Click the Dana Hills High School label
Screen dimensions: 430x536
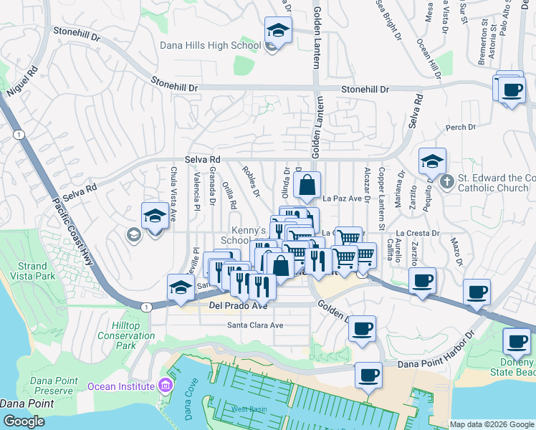tap(210, 46)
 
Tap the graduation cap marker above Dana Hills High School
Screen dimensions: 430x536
tap(277, 31)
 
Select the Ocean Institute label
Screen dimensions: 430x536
tap(121, 386)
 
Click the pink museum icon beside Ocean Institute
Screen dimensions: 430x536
tap(166, 387)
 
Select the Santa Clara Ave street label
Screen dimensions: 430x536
tap(256, 325)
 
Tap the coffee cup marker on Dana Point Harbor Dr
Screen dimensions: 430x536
tap(369, 375)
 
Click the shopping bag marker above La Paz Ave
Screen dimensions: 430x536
tap(307, 185)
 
